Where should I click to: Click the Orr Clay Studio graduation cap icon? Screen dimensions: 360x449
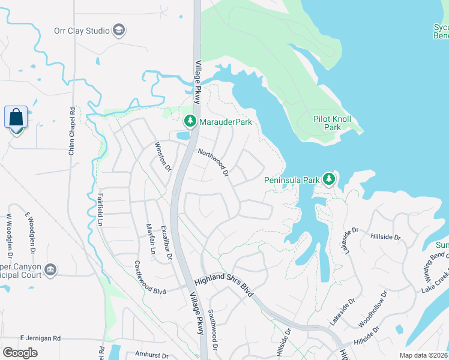[119, 31]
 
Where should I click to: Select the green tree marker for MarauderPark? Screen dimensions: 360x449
[190, 121]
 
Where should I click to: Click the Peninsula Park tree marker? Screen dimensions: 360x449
[328, 179]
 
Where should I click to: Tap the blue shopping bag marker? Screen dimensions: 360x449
[16, 117]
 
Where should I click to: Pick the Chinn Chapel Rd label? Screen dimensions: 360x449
[71, 132]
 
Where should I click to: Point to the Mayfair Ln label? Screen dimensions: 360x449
[150, 239]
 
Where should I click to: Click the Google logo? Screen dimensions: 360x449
[20, 352]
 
